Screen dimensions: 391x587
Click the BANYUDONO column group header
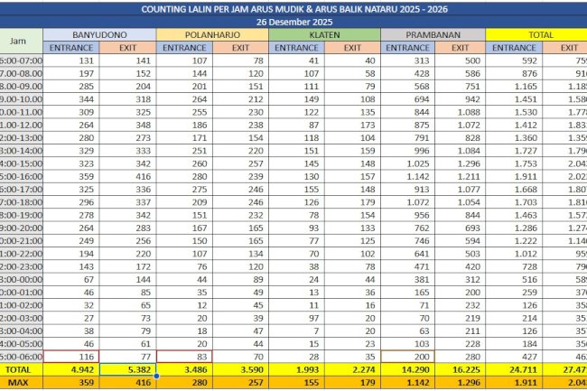pyautogui.click(x=99, y=33)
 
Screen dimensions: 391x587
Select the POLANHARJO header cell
pyautogui.click(x=212, y=33)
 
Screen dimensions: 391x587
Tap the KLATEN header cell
pyautogui.click(x=325, y=33)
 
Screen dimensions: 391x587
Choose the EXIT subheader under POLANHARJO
pyautogui.click(x=240, y=47)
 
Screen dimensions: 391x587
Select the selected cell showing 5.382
pyautogui.click(x=127, y=370)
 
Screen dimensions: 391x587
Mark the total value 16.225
pyautogui.click(x=461, y=370)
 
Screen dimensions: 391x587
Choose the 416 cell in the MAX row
pyautogui.click(x=127, y=384)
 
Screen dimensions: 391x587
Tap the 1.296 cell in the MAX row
pyautogui.click(x=461, y=384)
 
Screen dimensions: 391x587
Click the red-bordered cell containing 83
pyautogui.click(x=183, y=357)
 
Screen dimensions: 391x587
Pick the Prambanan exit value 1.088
pyautogui.click(x=461, y=111)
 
